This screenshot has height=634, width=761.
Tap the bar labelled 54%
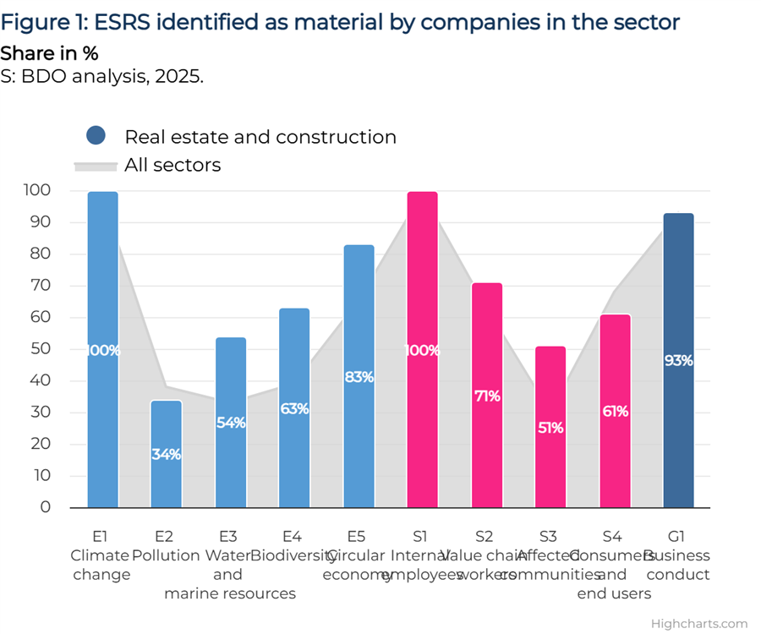pyautogui.click(x=231, y=423)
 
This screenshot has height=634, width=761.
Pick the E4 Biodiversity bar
pyautogui.click(x=294, y=408)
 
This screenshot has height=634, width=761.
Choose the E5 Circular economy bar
pyautogui.click(x=359, y=376)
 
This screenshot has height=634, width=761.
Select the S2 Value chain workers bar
pyautogui.click(x=487, y=396)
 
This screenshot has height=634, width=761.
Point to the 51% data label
pyautogui.click(x=550, y=428)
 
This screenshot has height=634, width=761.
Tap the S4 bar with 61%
pyautogui.click(x=615, y=411)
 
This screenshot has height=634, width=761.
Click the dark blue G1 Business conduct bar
pyautogui.click(x=679, y=360)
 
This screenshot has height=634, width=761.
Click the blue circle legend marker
pyautogui.click(x=96, y=135)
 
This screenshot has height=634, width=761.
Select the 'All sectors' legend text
pyautogui.click(x=172, y=166)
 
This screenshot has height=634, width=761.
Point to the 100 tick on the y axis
pyautogui.click(x=37, y=191)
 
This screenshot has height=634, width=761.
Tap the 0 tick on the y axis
pyautogui.click(x=46, y=507)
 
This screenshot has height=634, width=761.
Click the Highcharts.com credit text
pyautogui.click(x=699, y=624)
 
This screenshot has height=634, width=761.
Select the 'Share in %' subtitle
pyautogui.click(x=49, y=53)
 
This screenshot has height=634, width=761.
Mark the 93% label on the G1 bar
pyautogui.click(x=679, y=360)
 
